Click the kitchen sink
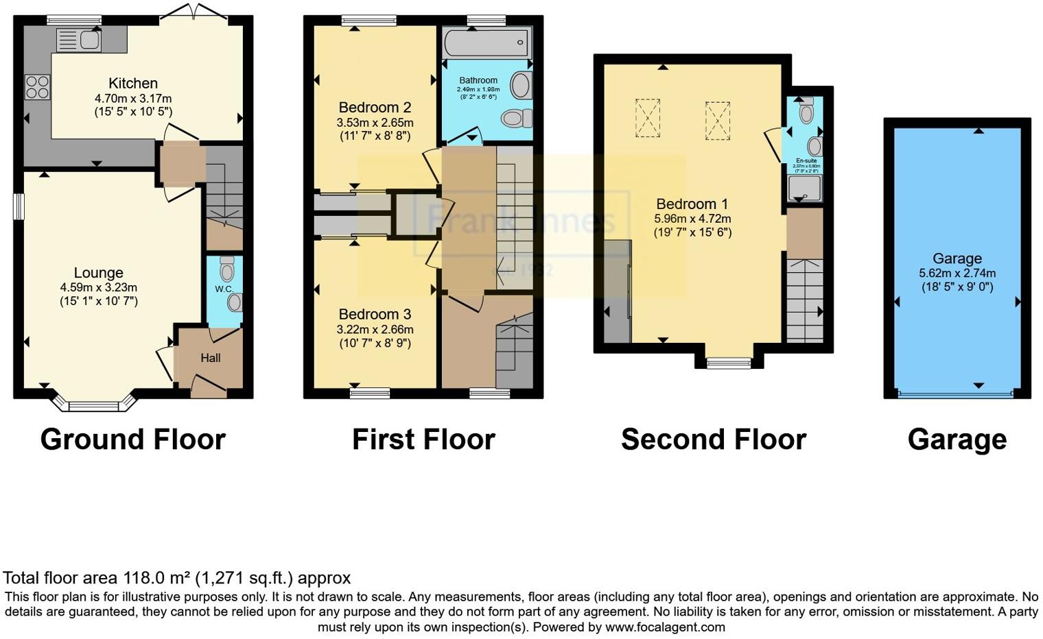click(79, 40)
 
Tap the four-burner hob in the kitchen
click(37, 87)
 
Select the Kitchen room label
click(133, 84)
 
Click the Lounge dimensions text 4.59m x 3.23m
click(99, 287)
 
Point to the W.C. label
click(224, 289)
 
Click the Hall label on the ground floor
click(211, 358)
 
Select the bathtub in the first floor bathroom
click(487, 43)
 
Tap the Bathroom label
click(478, 80)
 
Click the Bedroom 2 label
click(375, 108)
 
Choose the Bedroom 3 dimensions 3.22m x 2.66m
click(375, 329)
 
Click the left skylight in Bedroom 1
click(647, 118)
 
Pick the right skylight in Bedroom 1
click(717, 121)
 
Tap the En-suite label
click(806, 161)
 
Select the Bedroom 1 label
click(692, 204)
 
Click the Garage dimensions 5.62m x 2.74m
click(957, 273)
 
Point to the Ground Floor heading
click(132, 439)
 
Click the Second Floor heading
click(713, 439)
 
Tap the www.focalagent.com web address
click(665, 627)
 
